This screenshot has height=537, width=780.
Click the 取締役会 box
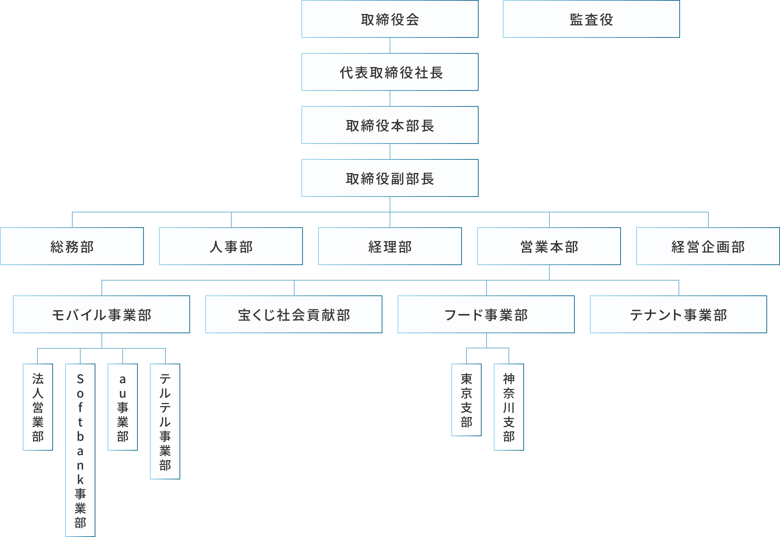[390, 19]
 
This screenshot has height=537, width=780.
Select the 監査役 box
[591, 19]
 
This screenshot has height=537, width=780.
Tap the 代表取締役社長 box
[390, 72]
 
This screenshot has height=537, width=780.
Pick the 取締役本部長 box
[390, 125]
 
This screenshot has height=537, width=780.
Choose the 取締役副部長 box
[390, 178]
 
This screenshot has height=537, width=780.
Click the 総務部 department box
[72, 247]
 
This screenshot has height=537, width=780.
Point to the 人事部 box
[231, 247]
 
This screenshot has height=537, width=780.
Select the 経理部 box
[390, 247]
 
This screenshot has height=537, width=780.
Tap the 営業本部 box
[549, 247]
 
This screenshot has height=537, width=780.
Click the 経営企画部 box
[708, 247]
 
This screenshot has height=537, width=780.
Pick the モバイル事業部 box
[101, 315]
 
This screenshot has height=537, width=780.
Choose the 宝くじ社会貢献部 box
[294, 315]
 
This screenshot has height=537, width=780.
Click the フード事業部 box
[486, 315]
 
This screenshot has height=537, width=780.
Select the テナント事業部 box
[679, 315]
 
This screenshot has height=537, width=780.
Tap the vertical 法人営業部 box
[38, 407]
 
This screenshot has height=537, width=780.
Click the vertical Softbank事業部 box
[80, 450]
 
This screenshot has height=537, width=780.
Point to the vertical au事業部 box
[123, 407]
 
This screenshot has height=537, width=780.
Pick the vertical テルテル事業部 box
[165, 421]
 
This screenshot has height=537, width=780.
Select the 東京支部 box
[466, 400]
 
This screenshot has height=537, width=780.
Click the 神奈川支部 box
[509, 407]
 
